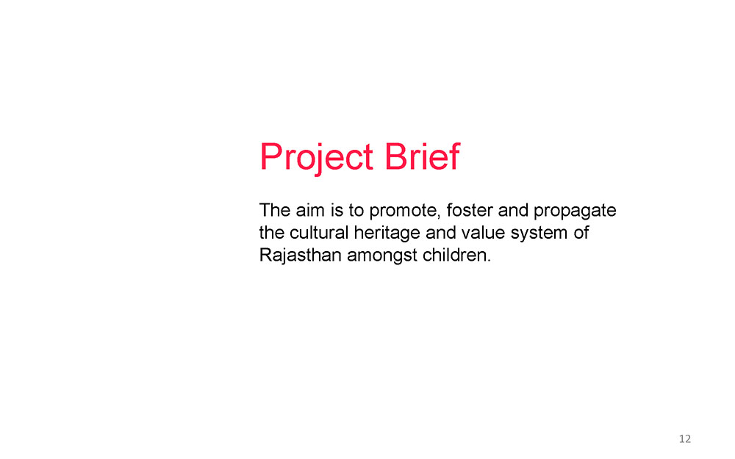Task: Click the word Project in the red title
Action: (316, 157)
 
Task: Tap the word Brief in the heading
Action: (422, 156)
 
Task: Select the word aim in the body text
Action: (310, 210)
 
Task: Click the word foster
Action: (469, 210)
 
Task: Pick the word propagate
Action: (575, 212)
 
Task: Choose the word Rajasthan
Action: (301, 256)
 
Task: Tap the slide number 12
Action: (685, 439)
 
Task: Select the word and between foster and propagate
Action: (513, 210)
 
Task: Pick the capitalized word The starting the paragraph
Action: (275, 210)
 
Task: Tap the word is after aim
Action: (337, 210)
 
